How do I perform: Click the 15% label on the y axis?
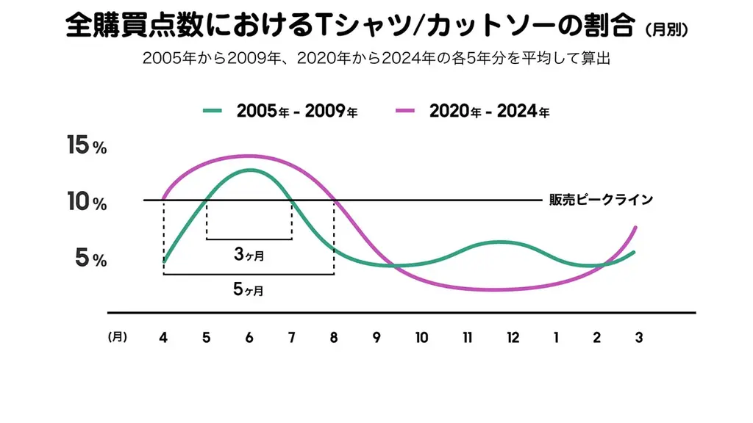click(87, 145)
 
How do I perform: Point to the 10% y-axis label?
click(87, 202)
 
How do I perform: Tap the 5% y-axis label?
click(90, 258)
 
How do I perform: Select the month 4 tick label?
click(163, 338)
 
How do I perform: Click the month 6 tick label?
click(249, 338)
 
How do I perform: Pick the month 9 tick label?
click(376, 338)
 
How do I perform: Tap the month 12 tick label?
click(513, 338)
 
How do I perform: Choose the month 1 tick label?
click(556, 338)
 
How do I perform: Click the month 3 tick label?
click(639, 338)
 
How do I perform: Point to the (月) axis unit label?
click(117, 337)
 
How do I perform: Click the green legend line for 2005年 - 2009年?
click(213, 111)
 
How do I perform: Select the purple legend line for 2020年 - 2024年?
click(405, 111)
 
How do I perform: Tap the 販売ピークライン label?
click(601, 199)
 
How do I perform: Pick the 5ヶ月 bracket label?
click(249, 289)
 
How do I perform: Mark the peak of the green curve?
click(249, 170)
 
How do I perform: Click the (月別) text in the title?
click(667, 30)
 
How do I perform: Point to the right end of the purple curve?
click(635, 227)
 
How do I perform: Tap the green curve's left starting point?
click(164, 261)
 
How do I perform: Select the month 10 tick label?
click(421, 338)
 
